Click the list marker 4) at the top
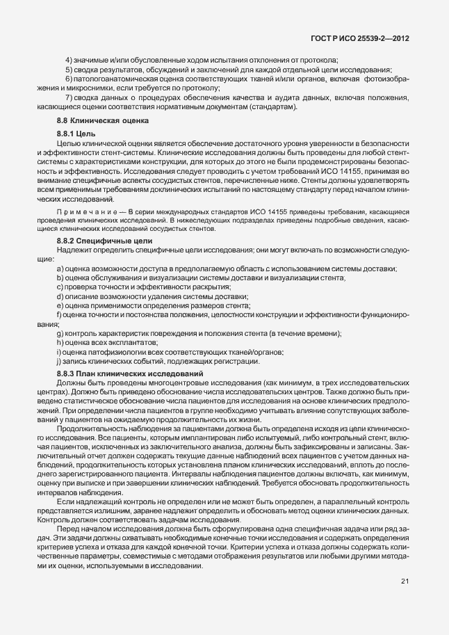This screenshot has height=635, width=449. click(x=70, y=61)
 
